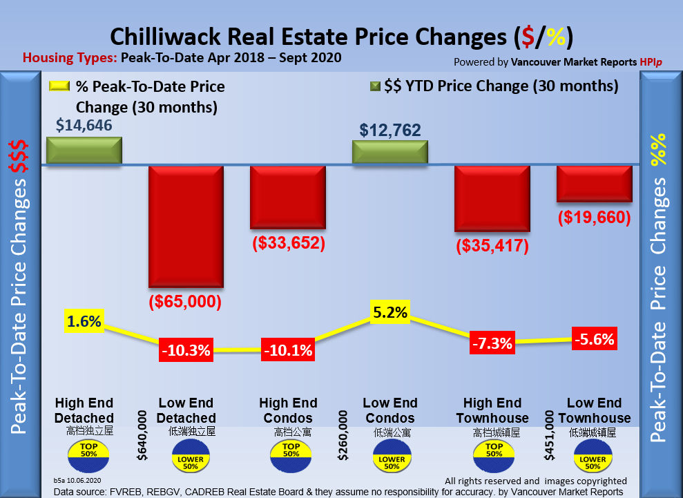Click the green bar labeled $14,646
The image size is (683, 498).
click(84, 151)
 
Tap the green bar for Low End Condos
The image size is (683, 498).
click(390, 153)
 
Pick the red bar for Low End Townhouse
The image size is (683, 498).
click(595, 184)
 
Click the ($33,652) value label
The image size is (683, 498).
click(288, 243)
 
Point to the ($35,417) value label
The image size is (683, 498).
click(492, 246)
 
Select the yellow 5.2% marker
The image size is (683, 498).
click(390, 313)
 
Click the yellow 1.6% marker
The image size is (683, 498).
click(84, 321)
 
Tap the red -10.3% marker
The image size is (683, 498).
click(186, 349)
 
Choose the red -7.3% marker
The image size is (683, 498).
click(492, 343)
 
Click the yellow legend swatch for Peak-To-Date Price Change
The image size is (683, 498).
click(59, 87)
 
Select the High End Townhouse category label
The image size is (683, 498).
click(492, 410)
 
